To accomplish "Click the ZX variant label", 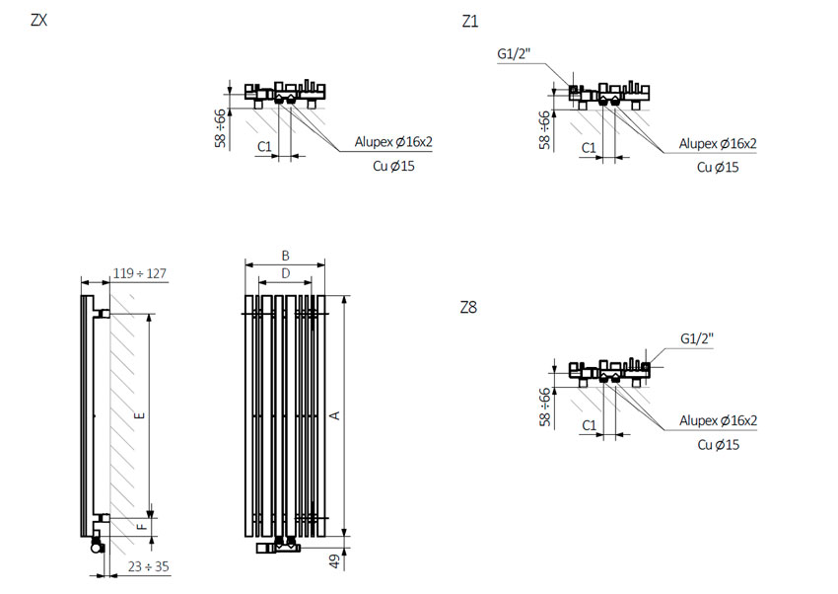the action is pyautogui.click(x=39, y=20).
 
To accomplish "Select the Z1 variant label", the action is pyautogui.click(x=469, y=22).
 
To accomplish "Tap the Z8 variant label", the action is pyautogui.click(x=468, y=308).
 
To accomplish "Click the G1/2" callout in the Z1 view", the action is pyautogui.click(x=514, y=53).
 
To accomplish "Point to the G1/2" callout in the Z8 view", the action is pyautogui.click(x=697, y=338).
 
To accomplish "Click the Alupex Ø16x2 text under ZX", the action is pyautogui.click(x=393, y=142).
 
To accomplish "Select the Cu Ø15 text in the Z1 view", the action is pyautogui.click(x=718, y=168).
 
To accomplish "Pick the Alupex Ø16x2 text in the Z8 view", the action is pyautogui.click(x=719, y=420).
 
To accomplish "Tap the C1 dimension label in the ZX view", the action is pyautogui.click(x=264, y=146).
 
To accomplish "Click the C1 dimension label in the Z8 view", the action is pyautogui.click(x=589, y=425).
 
